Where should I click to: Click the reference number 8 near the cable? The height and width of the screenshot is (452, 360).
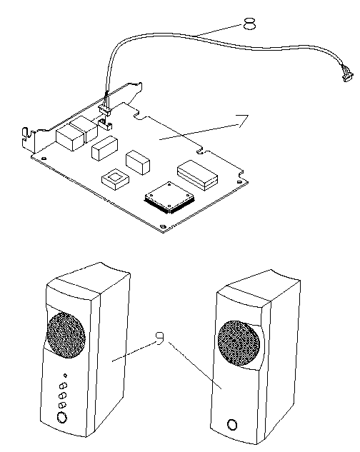(249, 24)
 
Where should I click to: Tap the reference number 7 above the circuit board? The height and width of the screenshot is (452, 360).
(242, 121)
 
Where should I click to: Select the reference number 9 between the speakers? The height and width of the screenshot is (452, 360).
(159, 338)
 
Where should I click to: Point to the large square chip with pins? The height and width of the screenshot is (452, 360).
(169, 198)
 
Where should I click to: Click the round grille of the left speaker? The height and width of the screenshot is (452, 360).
(66, 335)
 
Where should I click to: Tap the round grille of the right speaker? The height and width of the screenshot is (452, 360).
(239, 343)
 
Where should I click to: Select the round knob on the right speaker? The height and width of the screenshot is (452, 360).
(232, 425)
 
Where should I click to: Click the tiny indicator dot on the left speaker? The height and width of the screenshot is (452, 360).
(66, 376)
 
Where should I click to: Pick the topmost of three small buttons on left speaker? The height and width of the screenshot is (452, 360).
(63, 386)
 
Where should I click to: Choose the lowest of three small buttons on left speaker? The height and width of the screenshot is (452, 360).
(62, 406)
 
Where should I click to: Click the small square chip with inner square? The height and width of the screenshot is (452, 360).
(115, 179)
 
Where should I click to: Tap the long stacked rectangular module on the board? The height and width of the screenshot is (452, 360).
(197, 175)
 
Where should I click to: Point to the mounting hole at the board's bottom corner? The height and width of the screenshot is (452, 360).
(163, 227)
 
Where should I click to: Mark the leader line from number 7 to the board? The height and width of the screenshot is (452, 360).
(199, 131)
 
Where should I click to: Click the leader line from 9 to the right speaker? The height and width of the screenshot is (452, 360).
(195, 366)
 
